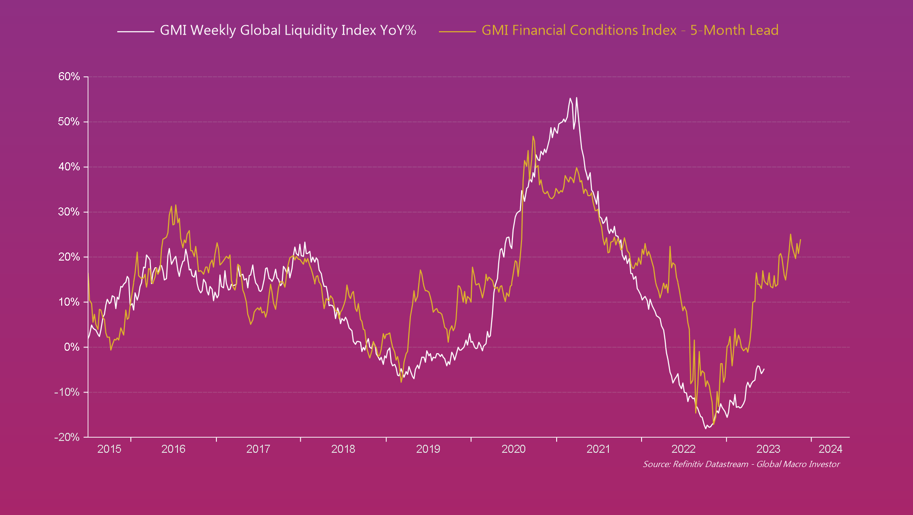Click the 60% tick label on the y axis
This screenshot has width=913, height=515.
coord(69,77)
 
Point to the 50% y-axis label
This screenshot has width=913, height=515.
coord(69,122)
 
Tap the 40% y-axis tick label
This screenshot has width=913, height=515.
coord(69,167)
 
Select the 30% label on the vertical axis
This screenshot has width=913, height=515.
coord(69,212)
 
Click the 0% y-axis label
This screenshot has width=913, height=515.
coord(72,347)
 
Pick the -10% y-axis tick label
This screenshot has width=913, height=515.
coord(67,393)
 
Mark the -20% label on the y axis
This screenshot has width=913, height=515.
coord(67,438)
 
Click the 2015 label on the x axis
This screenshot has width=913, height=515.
coord(109,449)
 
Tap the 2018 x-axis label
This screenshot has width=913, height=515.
coord(343,449)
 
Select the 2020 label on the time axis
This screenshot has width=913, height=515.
coord(513,449)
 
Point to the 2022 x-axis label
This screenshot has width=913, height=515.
coord(683,449)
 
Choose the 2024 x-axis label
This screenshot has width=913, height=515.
coord(830,449)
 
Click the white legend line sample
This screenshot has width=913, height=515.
coord(136,31)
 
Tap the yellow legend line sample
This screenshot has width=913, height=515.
coord(457,31)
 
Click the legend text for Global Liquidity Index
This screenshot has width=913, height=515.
coord(288,30)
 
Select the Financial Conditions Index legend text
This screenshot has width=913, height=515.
coord(630,30)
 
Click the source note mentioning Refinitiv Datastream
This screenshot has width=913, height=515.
coord(741,464)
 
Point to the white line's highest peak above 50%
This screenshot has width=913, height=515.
coord(577,98)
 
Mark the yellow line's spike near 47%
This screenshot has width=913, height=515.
coord(533,136)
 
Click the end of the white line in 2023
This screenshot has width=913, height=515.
coord(764,369)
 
